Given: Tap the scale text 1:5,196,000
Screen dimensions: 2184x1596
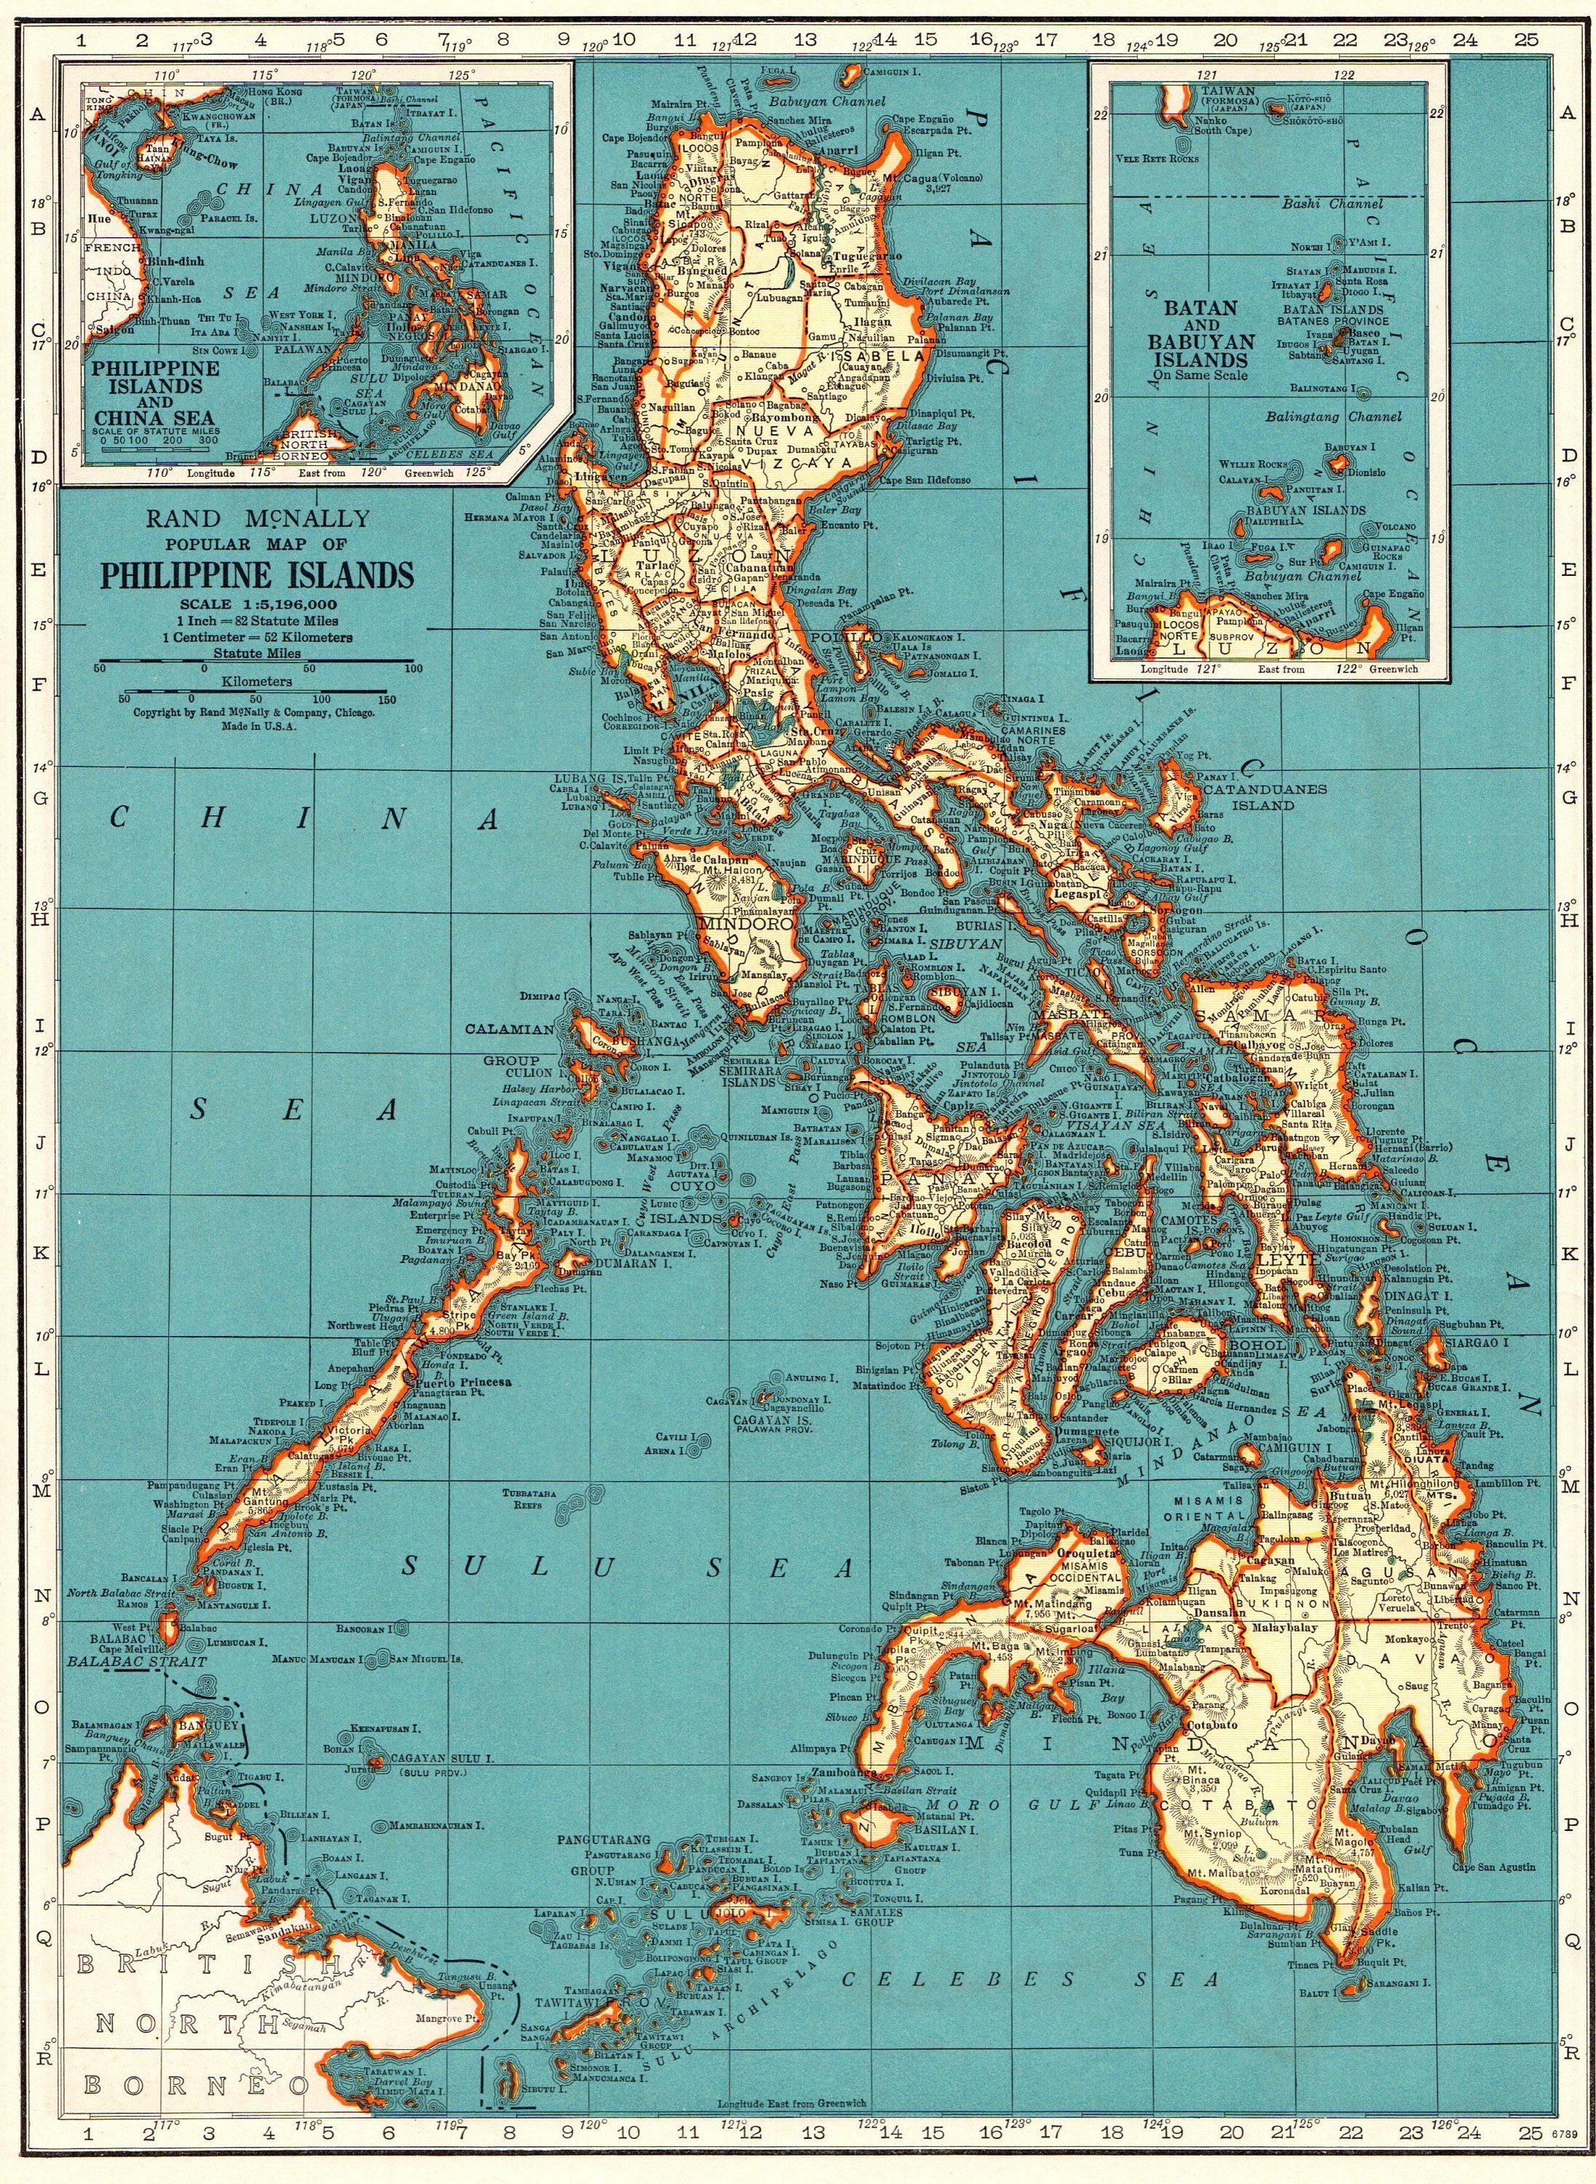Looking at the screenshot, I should click(254, 605).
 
